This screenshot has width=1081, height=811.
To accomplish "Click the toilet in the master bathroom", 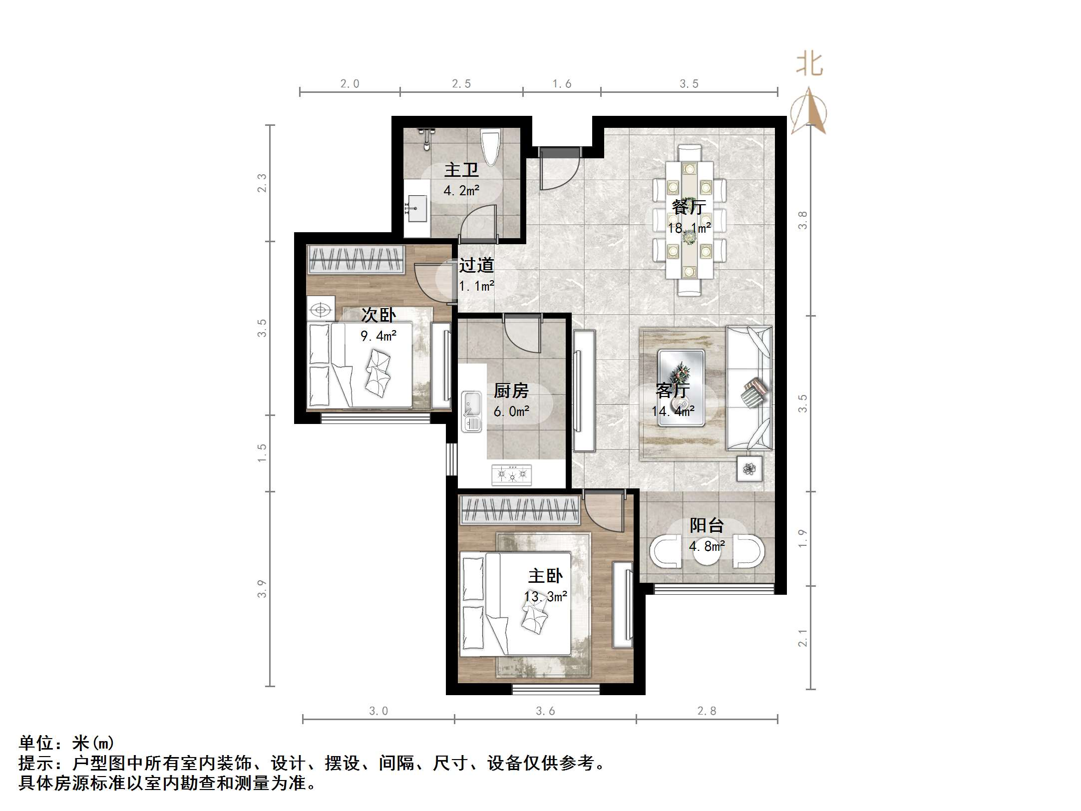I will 490,147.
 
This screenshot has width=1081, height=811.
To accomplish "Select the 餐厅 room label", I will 689,207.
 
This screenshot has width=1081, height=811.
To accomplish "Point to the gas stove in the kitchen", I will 512,474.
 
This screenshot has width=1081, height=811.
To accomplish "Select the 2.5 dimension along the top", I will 461,83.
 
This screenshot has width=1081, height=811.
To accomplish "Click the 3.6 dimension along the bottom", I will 545,711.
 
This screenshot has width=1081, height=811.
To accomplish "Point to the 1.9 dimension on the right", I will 802,538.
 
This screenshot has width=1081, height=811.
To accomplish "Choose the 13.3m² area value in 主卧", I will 545,596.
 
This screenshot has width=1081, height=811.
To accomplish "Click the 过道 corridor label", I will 476,265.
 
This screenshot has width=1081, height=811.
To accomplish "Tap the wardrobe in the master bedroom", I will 519,510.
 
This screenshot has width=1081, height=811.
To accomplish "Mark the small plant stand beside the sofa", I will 749,468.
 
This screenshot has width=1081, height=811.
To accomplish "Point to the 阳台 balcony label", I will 707,525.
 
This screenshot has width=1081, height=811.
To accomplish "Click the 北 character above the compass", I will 809,65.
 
